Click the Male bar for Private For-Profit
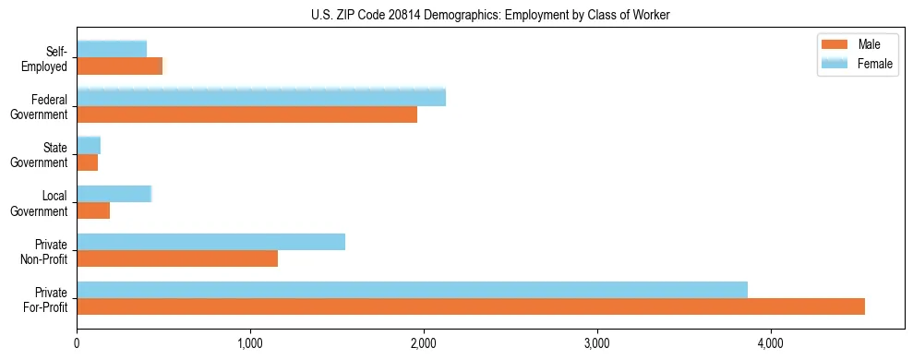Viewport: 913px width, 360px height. pos(471,306)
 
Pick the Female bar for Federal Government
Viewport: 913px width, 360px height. pos(261,98)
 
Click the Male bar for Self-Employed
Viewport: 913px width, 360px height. pos(120,66)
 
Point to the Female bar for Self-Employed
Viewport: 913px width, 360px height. pos(112,49)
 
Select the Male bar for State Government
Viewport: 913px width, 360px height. pos(88,162)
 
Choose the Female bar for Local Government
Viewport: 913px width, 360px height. pos(114,194)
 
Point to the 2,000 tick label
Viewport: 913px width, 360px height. pos(424,344)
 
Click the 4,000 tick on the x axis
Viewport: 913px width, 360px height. pos(770,344)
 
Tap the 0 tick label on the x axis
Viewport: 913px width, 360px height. pos(78,344)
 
